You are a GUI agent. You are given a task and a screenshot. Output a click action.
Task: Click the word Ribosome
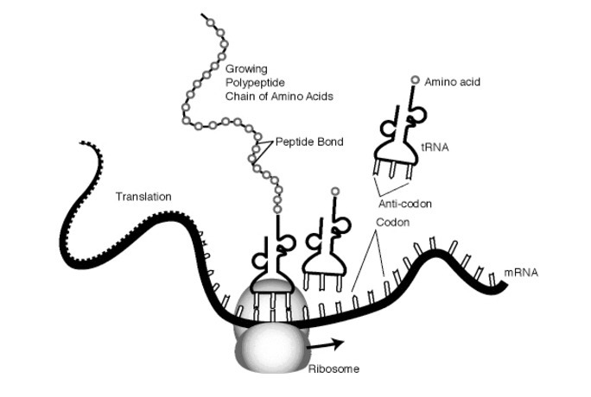[333, 369]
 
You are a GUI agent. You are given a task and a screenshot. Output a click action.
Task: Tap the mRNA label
[521, 273]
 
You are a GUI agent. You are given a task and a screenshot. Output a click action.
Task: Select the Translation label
[143, 197]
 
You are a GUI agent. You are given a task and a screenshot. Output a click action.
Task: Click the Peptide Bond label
[310, 140]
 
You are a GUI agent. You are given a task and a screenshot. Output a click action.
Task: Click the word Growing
[245, 68]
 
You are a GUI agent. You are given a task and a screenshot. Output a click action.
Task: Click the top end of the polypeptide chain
[203, 15]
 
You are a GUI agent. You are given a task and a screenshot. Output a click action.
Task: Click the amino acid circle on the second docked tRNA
[334, 190]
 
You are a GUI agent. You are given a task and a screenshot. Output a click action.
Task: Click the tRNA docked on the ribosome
[275, 263]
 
